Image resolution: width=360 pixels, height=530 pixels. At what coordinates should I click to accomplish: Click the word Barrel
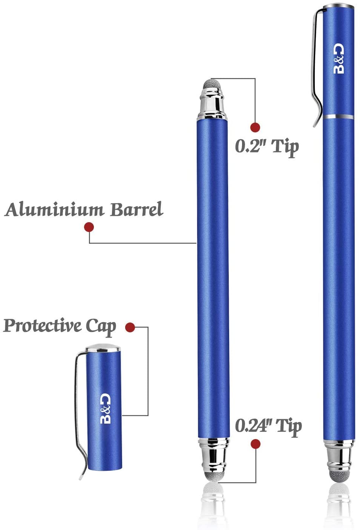pyautogui.click(x=136, y=209)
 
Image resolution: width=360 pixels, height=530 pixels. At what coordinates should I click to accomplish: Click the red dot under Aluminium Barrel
pyautogui.click(x=89, y=227)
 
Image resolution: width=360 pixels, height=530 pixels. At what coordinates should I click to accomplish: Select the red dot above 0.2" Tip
pyautogui.click(x=255, y=127)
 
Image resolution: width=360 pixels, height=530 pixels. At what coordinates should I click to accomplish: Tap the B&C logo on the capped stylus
pyautogui.click(x=339, y=58)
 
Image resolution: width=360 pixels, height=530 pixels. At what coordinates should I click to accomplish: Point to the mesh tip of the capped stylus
pyautogui.click(x=339, y=475)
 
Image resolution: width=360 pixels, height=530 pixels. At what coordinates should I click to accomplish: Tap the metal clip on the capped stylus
pyautogui.click(x=316, y=66)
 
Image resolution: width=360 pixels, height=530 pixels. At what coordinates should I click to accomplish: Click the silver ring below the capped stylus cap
pyautogui.click(x=339, y=117)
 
